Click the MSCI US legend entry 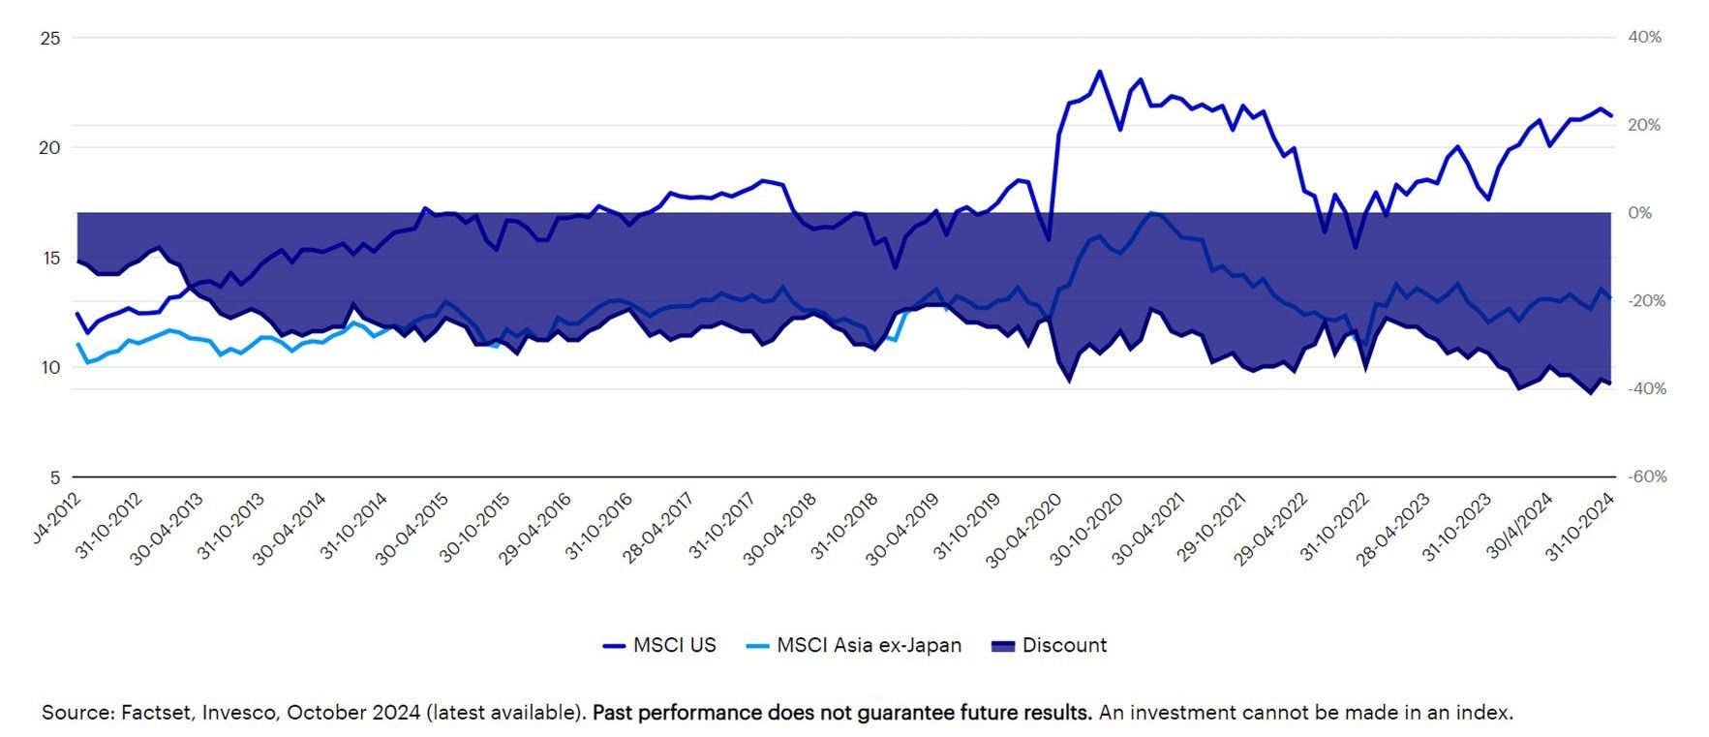660,645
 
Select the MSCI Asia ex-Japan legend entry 855,645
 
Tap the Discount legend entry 1050,645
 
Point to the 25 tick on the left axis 50,39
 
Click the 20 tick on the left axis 50,148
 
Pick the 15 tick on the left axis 50,258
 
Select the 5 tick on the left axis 55,477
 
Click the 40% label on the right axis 1644,38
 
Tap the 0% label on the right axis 1639,213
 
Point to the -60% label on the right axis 1646,476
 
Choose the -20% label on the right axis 1646,301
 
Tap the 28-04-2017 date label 657,529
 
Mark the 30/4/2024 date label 1519,526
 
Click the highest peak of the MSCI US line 1099,72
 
